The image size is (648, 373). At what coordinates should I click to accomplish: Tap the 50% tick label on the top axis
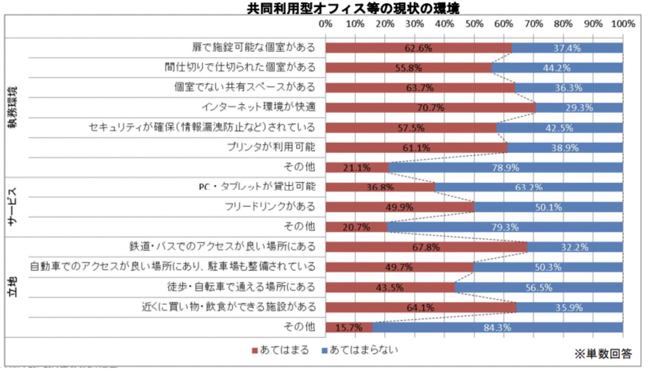click(x=474, y=24)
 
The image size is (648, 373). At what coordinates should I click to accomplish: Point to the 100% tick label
click(x=623, y=24)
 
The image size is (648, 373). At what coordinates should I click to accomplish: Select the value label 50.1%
click(x=548, y=207)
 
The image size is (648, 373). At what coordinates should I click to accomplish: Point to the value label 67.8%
click(x=426, y=247)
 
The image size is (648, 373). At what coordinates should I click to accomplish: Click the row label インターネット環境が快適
click(x=258, y=107)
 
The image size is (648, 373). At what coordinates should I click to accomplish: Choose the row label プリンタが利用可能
click(x=271, y=147)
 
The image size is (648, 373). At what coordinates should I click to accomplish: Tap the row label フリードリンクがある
click(x=270, y=206)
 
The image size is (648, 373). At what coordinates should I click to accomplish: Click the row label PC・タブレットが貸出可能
click(x=257, y=186)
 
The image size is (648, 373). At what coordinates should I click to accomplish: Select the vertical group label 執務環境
click(x=13, y=107)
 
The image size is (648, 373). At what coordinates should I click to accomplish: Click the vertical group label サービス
click(x=13, y=206)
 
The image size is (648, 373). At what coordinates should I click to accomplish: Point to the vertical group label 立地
click(x=13, y=287)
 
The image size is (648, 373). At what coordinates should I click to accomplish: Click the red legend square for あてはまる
click(x=255, y=351)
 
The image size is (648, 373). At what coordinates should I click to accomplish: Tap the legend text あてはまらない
click(x=364, y=350)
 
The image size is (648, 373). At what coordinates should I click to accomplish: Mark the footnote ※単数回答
click(x=603, y=354)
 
